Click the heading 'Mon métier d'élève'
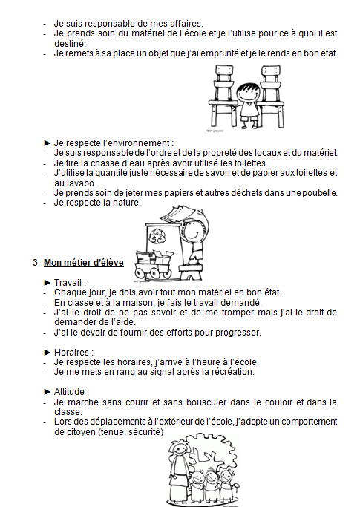[x=84, y=263]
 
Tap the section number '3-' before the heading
[x=36, y=263]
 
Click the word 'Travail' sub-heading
[x=68, y=283]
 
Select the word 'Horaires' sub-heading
[x=71, y=352]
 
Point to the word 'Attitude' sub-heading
[x=69, y=391]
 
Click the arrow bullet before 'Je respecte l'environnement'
[x=48, y=143]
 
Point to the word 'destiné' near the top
[x=69, y=43]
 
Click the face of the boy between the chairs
[x=247, y=93]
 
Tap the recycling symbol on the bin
[x=156, y=236]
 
